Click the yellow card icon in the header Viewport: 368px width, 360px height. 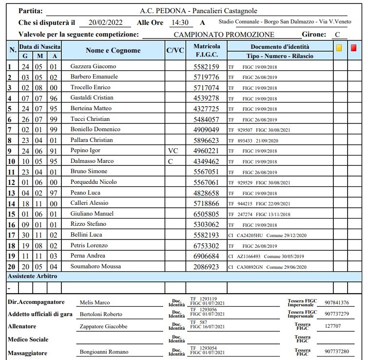click(x=339, y=48)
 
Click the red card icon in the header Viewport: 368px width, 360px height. click(x=353, y=48)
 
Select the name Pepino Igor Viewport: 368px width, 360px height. click(x=85, y=151)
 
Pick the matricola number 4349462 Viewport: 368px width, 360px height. click(x=207, y=161)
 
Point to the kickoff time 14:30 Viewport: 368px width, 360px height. click(x=179, y=22)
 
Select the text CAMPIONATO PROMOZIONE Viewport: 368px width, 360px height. click(x=224, y=35)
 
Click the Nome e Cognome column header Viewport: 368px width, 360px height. click(x=113, y=51)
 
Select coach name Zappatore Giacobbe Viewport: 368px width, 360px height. click(x=103, y=326)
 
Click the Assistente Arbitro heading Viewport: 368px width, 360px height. click(x=33, y=276)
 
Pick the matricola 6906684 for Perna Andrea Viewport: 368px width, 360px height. click(x=207, y=256)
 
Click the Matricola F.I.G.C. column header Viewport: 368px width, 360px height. click(x=207, y=51)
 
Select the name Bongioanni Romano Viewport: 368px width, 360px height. click(x=104, y=352)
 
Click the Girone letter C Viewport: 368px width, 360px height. click(x=337, y=35)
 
